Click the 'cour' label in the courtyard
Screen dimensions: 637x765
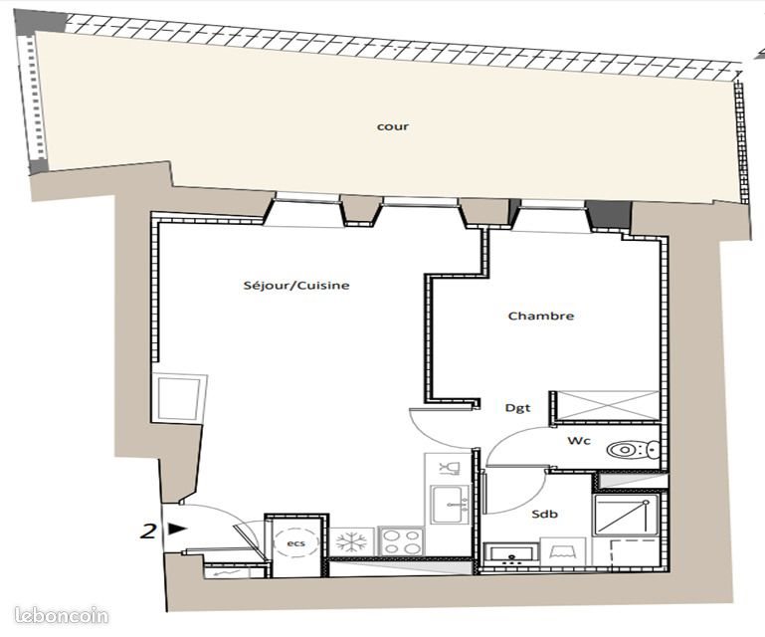392,127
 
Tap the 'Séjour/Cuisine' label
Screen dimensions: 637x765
296,286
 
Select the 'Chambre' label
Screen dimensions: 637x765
541,317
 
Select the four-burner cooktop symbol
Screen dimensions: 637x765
402,542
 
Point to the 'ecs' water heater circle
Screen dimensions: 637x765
295,543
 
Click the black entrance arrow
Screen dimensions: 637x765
177,530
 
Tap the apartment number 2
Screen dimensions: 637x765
148,531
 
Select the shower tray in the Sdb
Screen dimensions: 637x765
622,515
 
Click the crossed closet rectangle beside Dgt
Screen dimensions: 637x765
608,405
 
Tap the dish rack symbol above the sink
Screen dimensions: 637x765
448,468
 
